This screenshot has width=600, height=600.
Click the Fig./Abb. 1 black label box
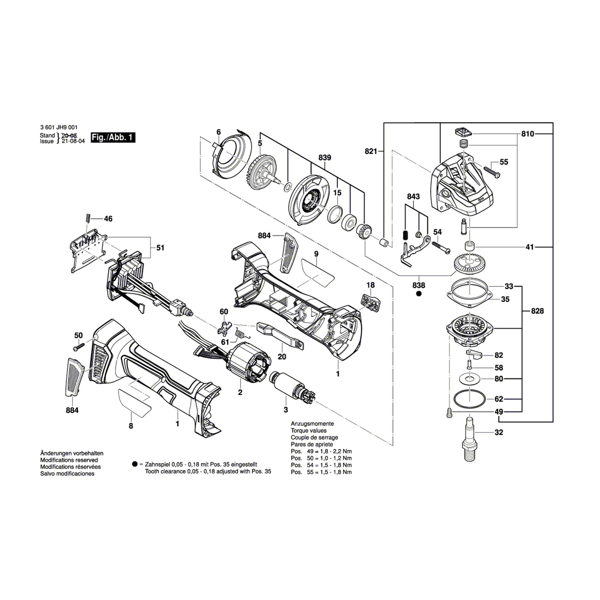pos(113,137)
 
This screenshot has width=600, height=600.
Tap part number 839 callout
pos(325,158)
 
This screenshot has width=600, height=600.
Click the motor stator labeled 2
pos(248,367)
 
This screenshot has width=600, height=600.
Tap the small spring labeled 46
pos(88,218)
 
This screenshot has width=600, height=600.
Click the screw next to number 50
pos(79,346)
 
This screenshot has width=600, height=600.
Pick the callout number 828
pos(537,311)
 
